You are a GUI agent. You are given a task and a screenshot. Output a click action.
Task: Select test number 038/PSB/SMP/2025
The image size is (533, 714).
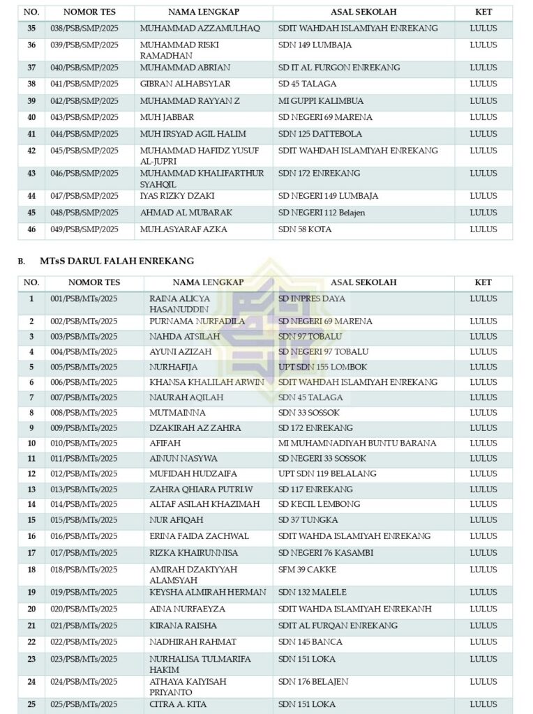(84, 29)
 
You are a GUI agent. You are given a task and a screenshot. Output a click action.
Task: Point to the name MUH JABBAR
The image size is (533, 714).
(167, 117)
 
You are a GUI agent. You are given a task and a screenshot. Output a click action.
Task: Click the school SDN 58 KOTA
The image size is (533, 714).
(305, 229)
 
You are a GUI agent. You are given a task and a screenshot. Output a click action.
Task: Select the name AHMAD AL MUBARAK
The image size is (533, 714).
(186, 213)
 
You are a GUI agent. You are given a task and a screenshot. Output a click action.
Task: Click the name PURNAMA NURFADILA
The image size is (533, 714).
(197, 321)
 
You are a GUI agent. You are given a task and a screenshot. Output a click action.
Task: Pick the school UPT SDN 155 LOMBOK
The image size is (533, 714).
(322, 367)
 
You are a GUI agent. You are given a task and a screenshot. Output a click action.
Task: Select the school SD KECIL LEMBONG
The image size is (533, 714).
(319, 504)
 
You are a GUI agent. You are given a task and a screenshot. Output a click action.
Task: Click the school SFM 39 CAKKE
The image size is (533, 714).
(307, 570)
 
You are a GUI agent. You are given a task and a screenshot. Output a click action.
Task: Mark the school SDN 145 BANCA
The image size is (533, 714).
(310, 642)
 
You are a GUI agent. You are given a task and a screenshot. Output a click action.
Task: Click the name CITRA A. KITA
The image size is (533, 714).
(178, 704)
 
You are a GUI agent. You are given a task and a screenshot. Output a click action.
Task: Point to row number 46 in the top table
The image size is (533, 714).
(31, 229)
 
